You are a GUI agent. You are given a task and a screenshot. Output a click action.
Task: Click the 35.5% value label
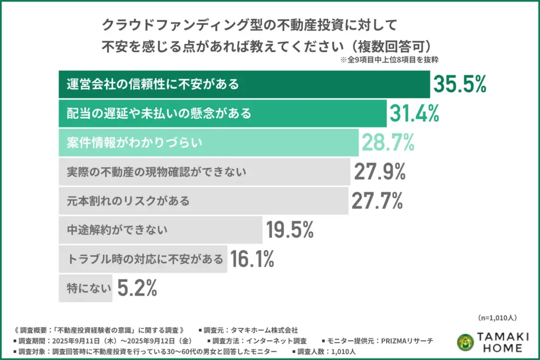point(459,84)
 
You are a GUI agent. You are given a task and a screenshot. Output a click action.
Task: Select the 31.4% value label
point(414,113)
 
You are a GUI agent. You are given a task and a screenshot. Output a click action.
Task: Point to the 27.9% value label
point(379,171)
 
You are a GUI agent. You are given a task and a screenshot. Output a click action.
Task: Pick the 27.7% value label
point(377,200)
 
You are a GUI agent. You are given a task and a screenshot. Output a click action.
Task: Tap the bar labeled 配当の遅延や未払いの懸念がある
point(222,113)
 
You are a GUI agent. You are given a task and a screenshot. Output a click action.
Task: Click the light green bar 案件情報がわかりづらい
point(208,142)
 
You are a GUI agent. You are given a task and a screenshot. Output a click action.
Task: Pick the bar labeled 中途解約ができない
point(160,230)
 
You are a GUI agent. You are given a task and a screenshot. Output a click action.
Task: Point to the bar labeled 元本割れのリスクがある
point(204,201)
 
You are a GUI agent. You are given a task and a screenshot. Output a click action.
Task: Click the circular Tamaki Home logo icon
point(465,342)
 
